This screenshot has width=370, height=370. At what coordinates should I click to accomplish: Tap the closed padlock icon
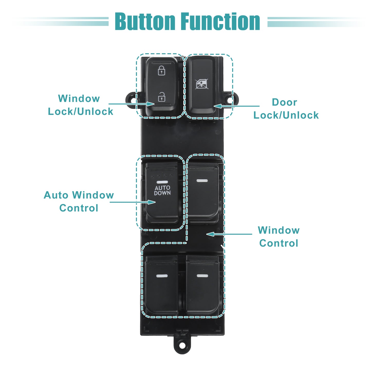tap(161, 70)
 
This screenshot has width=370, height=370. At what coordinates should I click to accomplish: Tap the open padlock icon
tap(161, 97)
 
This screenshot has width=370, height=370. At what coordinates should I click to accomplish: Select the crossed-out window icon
tap(201, 84)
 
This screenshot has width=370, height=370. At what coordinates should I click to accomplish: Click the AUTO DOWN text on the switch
tap(162, 190)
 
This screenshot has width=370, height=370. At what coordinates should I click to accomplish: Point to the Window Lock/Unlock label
tap(80, 105)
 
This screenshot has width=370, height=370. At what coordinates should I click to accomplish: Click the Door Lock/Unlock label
tap(286, 109)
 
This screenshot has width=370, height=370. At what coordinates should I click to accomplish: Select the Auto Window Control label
tap(79, 201)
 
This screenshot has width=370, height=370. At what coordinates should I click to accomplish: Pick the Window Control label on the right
tap(279, 237)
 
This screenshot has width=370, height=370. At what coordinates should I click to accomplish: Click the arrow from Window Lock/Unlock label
tap(132, 104)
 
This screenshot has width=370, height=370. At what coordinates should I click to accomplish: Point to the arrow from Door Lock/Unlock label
tap(236, 106)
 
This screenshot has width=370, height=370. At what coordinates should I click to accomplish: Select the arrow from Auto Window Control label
tap(133, 202)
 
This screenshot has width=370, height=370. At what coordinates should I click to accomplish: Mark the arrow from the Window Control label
tap(229, 234)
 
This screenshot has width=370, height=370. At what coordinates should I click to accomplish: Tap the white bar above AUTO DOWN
tap(162, 182)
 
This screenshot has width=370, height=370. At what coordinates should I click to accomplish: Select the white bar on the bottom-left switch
tap(162, 276)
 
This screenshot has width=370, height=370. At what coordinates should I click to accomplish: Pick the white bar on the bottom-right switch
tap(202, 276)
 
